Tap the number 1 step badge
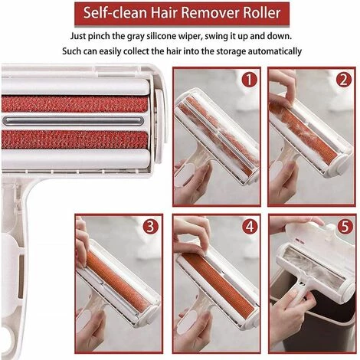pos(249,80)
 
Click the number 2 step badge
pos(344,80)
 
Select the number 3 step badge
pos(151,226)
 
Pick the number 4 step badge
pos(249,226)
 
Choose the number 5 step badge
pos(345,226)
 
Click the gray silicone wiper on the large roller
pos(74,121)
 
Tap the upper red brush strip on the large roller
pos(74,104)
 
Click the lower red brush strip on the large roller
pos(74,140)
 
